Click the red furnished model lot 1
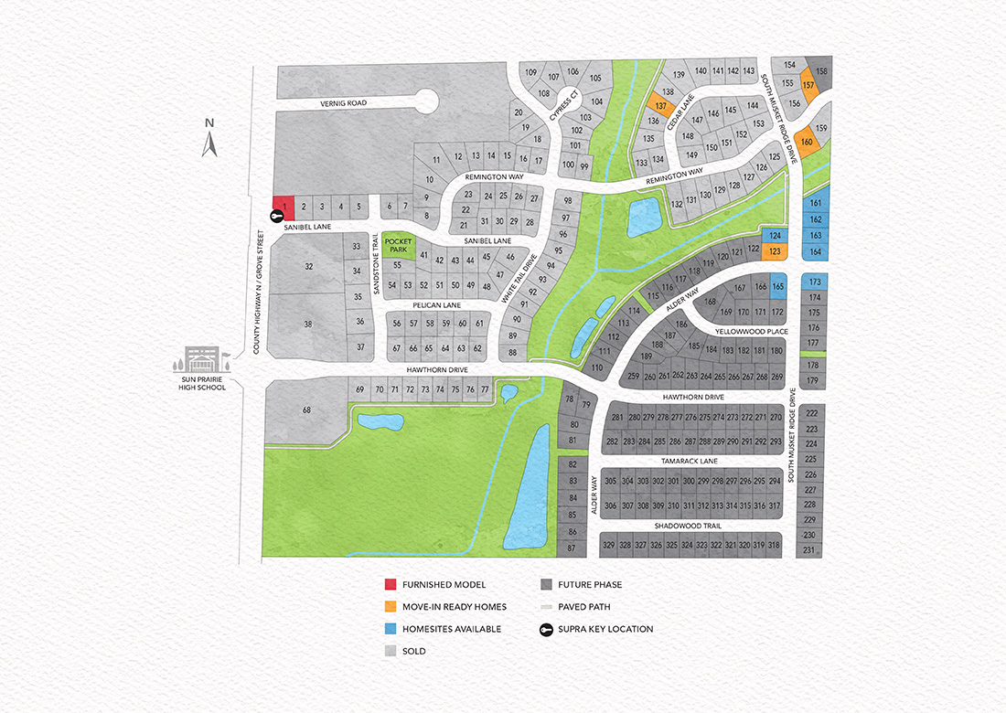pyautogui.click(x=284, y=207)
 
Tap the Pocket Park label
pyautogui.click(x=397, y=244)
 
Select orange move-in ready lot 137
pyautogui.click(x=660, y=106)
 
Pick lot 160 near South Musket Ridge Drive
pyautogui.click(x=807, y=142)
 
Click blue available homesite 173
pyautogui.click(x=814, y=282)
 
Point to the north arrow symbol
pyautogui.click(x=209, y=140)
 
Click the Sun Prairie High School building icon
pyautogui.click(x=201, y=358)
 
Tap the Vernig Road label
pyautogui.click(x=343, y=103)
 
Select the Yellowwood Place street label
pyautogui.click(x=754, y=331)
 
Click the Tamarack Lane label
pyautogui.click(x=691, y=462)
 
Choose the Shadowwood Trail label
pyautogui.click(x=688, y=527)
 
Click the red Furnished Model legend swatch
pyautogui.click(x=391, y=585)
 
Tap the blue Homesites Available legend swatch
pyautogui.click(x=391, y=629)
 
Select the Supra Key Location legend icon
pyautogui.click(x=546, y=629)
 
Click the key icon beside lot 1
pyautogui.click(x=276, y=216)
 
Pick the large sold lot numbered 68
pyautogui.click(x=306, y=410)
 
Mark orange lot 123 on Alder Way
pyautogui.click(x=774, y=251)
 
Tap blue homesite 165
pyautogui.click(x=778, y=287)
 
